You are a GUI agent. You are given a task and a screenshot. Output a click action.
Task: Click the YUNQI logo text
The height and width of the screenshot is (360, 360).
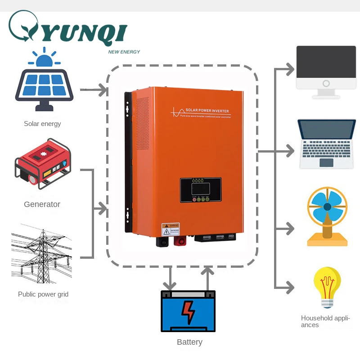[x=85, y=34]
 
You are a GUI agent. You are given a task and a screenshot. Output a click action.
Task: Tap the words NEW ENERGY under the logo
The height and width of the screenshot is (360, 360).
[x=124, y=52]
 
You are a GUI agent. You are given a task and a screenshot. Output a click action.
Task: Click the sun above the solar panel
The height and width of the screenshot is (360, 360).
[x=44, y=58]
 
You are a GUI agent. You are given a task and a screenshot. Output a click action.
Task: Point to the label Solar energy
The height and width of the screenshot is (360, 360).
[x=42, y=124]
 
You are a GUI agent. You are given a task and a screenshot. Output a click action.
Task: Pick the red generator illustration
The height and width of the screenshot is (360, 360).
[x=43, y=164]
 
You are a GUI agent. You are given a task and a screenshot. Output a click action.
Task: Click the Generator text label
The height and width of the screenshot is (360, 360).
[x=42, y=204]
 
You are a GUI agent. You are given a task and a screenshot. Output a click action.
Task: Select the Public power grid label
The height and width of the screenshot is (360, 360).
[x=43, y=294]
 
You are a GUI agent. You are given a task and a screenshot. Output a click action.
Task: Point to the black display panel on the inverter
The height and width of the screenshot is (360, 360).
[x=200, y=190]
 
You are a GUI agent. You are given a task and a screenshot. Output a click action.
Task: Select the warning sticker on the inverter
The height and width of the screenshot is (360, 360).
[x=171, y=229]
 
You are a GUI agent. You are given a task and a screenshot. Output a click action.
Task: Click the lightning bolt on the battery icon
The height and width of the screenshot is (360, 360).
[x=188, y=310]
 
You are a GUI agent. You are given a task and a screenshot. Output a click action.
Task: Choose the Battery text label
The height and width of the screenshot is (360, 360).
[x=189, y=342]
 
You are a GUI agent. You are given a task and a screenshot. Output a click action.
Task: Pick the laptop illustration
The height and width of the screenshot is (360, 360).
[x=327, y=144]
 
